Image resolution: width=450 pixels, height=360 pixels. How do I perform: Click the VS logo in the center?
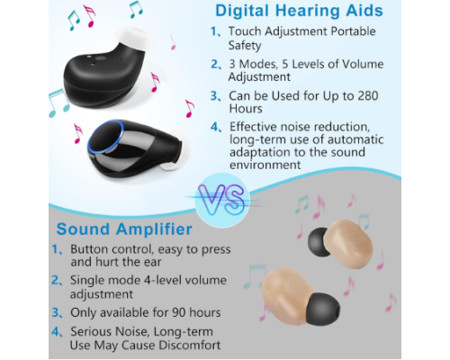[x=222, y=199]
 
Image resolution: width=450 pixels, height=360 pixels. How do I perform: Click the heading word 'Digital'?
[x=242, y=11]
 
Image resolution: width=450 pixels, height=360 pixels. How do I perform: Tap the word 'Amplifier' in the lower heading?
[x=154, y=229]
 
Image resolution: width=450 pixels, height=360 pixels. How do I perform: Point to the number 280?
[x=368, y=95]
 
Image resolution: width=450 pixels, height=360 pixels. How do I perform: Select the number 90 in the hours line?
[x=179, y=312]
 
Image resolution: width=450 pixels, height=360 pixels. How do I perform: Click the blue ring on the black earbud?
[x=105, y=137]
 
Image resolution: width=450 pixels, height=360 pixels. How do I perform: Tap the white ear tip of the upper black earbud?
[x=132, y=37]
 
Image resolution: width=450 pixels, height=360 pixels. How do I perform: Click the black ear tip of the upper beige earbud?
[x=319, y=242]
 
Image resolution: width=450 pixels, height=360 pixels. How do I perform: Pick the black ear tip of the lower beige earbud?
[x=323, y=309]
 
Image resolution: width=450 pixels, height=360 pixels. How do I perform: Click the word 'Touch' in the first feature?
[x=245, y=31]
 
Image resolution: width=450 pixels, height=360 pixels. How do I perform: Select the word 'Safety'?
[x=245, y=46]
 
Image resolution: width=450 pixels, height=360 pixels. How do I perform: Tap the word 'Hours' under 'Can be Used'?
[x=246, y=109]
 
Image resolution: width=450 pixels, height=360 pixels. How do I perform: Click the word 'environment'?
[x=265, y=165]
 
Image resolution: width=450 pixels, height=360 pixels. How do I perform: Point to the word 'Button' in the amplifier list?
[x=89, y=249]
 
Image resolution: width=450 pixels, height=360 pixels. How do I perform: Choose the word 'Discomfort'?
[x=190, y=345]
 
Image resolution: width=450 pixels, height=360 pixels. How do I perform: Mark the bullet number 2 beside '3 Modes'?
[x=216, y=64]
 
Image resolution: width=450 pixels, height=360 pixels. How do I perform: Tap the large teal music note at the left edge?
[x=58, y=103]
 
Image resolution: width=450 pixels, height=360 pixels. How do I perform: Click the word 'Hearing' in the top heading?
[x=308, y=11]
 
